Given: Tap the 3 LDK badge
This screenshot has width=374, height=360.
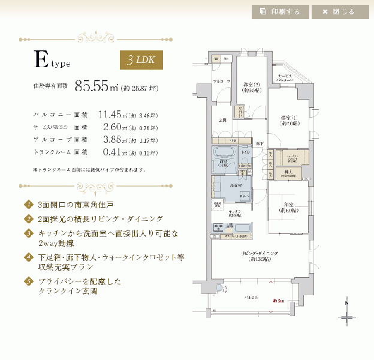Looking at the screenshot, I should [x=141, y=61].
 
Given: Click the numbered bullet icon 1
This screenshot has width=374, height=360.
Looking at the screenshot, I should [x=28, y=204].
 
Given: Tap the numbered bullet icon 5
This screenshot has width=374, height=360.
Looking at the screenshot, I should [x=28, y=280].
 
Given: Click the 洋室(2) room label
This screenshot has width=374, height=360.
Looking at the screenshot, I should [x=251, y=86].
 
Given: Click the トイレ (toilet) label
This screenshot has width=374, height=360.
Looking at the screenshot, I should [x=245, y=153].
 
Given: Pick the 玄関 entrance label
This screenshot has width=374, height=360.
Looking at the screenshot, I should [x=222, y=119].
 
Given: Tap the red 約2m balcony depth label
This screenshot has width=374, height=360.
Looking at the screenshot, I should [x=278, y=299].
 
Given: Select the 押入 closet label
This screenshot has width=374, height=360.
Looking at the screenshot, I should [x=289, y=172].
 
